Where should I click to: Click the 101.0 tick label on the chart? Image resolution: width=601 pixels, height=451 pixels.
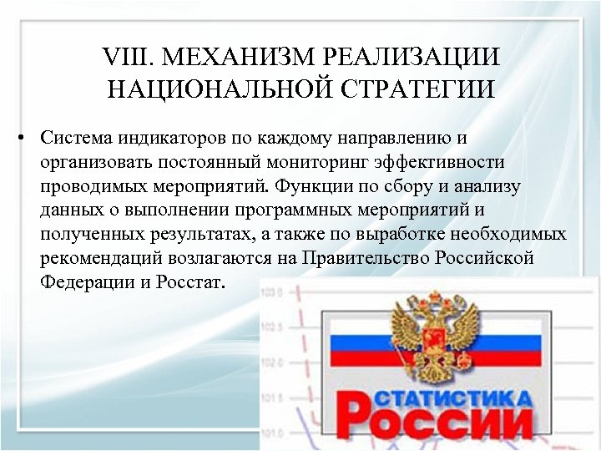point(273,433)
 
